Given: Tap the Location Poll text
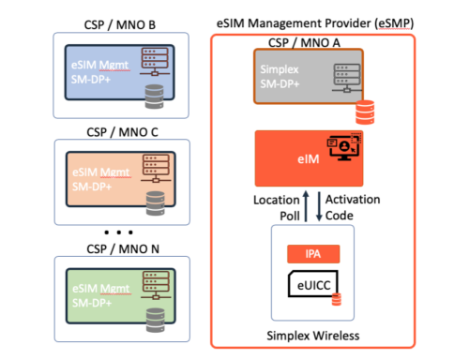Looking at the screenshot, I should pyautogui.click(x=276, y=207).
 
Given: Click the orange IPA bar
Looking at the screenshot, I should pyautogui.click(x=312, y=254).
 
